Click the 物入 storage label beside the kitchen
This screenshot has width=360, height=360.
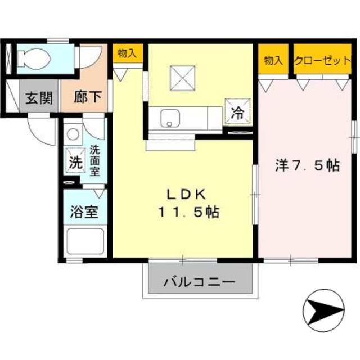tap(127, 53)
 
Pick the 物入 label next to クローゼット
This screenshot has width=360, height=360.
tap(273, 60)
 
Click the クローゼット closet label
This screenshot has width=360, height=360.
tap(322, 60)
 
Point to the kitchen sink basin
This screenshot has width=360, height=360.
tap(168, 118)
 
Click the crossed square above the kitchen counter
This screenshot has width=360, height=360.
tap(182, 75)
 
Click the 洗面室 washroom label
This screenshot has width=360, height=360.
tap(95, 161)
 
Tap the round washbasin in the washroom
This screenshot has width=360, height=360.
tap(73, 134)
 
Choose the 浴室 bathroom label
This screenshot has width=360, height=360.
tap(84, 213)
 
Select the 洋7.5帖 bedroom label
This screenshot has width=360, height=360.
tap(307, 166)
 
